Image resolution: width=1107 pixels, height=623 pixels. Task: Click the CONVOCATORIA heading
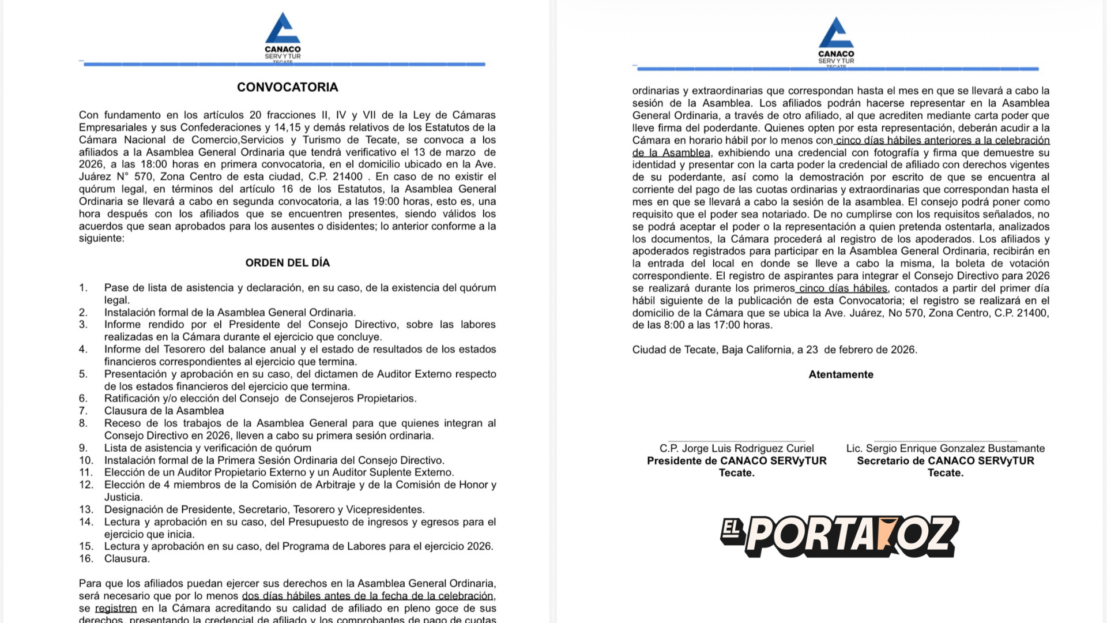coord(287,87)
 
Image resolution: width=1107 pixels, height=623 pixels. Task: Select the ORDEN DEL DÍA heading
coord(287,263)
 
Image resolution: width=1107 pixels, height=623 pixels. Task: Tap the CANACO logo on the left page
coord(283,37)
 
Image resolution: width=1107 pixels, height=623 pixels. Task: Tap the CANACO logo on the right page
coord(836,42)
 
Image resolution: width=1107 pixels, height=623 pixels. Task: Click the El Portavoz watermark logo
coord(839,536)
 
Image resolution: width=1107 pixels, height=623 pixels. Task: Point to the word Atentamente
coord(841,374)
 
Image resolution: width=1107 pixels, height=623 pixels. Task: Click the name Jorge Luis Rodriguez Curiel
coord(736,448)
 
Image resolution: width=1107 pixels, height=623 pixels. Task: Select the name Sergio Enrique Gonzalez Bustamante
coord(945,448)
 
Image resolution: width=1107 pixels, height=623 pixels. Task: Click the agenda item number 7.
coord(84,411)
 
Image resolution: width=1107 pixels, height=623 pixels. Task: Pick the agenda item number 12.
coord(86,485)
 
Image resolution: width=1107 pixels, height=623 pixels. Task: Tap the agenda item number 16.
coord(86,558)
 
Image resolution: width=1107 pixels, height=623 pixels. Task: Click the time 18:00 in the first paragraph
coord(154,164)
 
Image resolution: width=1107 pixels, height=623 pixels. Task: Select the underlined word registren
coord(116,609)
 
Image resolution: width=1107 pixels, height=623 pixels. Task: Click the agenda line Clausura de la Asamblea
coord(164,411)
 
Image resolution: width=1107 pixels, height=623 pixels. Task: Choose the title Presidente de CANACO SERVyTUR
coord(736,461)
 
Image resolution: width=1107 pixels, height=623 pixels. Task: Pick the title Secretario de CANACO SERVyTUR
coord(945,461)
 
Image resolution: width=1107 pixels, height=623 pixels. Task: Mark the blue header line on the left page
coord(284,65)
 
